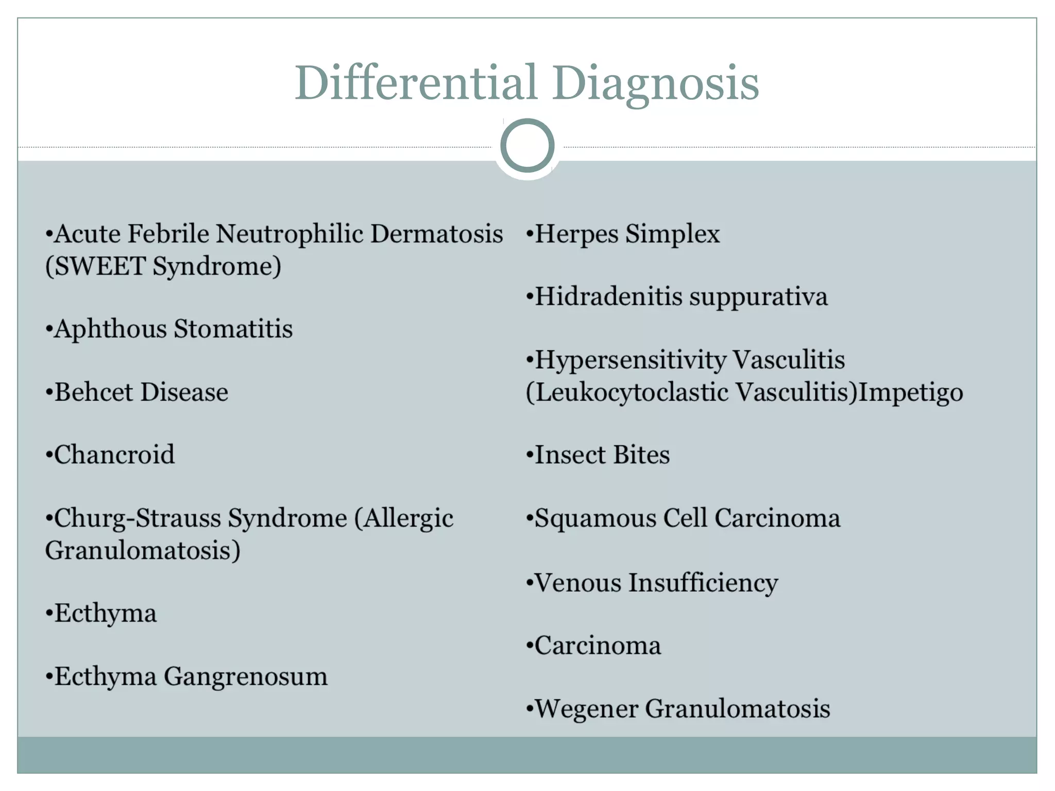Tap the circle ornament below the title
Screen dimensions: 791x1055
[x=527, y=146]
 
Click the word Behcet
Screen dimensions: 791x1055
[x=94, y=392]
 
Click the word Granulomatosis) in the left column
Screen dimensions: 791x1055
[x=143, y=551]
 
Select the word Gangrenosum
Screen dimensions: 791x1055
[x=245, y=677]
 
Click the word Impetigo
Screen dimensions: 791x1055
[x=910, y=392]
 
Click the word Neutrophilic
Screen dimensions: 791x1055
[x=290, y=234]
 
